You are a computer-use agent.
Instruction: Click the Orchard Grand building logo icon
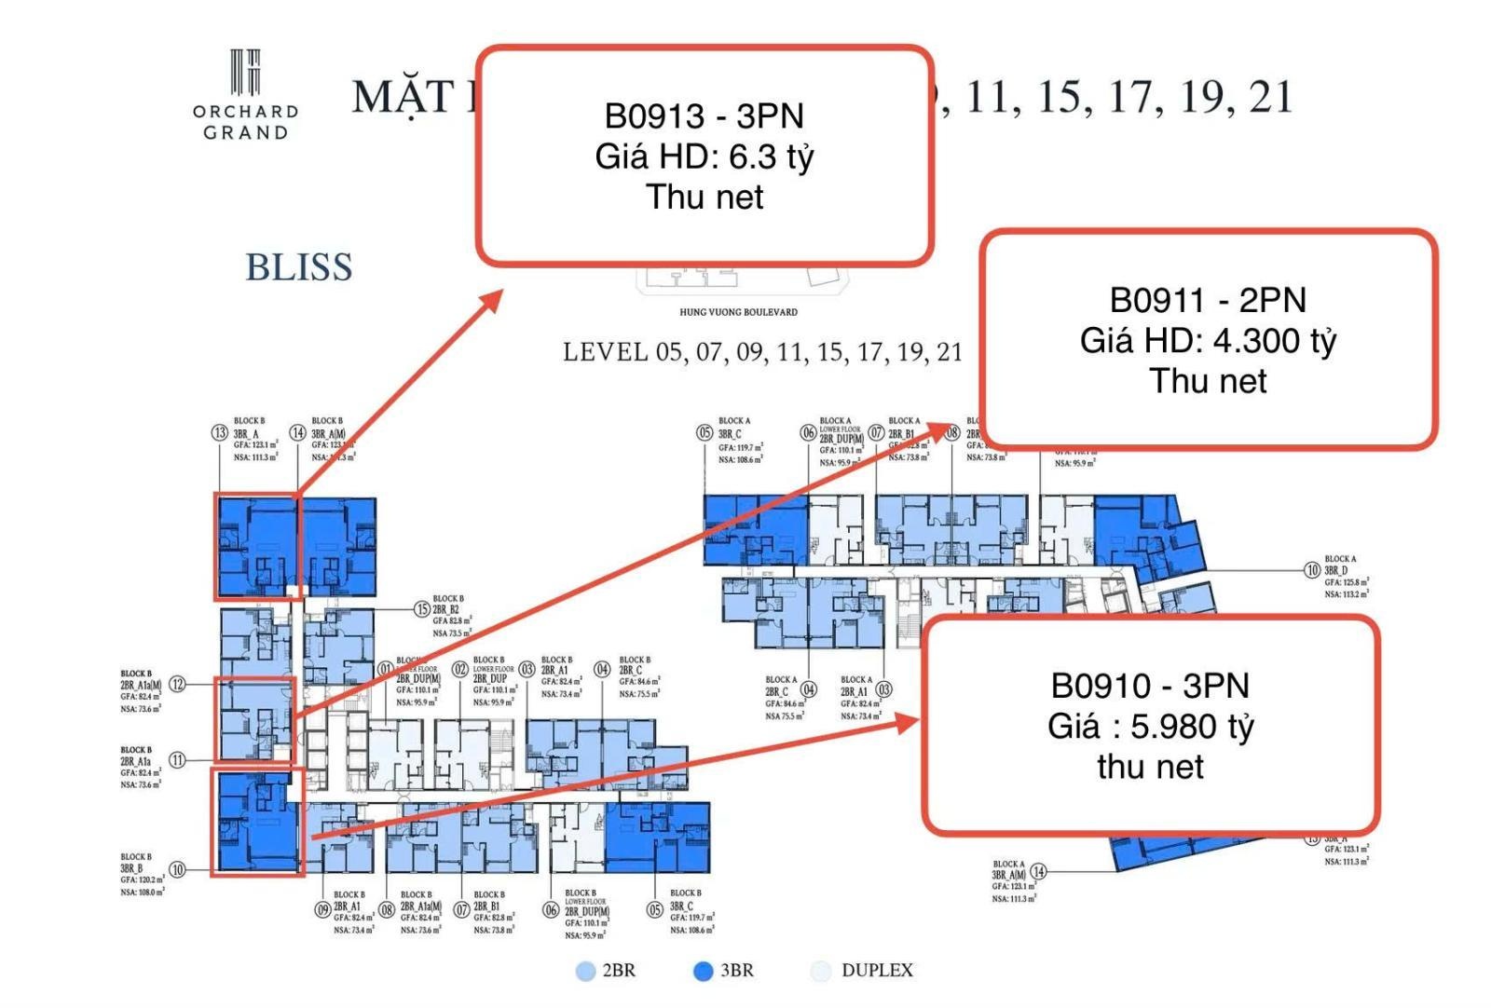click(x=245, y=72)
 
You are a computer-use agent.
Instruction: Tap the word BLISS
click(x=299, y=267)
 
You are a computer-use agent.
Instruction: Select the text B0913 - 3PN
click(x=704, y=116)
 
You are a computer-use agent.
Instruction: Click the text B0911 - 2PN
click(x=1208, y=300)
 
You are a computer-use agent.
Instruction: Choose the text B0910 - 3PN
click(x=1150, y=686)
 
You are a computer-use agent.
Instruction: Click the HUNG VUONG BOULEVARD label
click(x=738, y=312)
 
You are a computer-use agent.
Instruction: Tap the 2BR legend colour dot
click(x=585, y=972)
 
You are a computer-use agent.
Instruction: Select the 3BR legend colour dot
click(x=704, y=972)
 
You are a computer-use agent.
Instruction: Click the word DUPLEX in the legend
click(x=877, y=971)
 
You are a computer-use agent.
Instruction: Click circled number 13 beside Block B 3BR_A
click(x=220, y=432)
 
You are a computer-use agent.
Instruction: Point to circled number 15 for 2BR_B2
click(x=422, y=609)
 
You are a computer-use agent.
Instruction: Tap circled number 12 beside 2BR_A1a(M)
click(x=177, y=685)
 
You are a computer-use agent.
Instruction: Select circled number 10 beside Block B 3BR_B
click(x=177, y=869)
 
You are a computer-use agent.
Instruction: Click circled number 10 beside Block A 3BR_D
click(x=1312, y=570)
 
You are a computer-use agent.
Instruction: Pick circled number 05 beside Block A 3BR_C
click(x=705, y=433)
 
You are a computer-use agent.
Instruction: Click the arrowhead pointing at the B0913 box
click(x=492, y=300)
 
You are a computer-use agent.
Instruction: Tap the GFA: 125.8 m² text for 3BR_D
click(x=1346, y=582)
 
